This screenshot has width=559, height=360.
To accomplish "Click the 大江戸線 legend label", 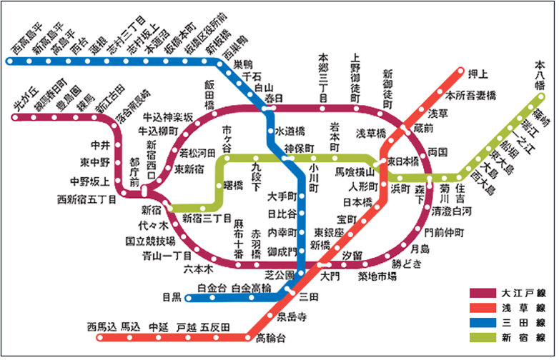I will coord(521,293).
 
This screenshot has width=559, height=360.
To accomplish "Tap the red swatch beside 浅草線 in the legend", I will coord(483,307).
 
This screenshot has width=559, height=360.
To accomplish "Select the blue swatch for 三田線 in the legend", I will coord(483,322).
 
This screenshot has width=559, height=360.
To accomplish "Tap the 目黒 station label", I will coord(172,296).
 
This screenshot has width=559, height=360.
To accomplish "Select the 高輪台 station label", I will coord(269,336).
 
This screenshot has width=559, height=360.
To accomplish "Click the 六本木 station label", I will coord(199,269).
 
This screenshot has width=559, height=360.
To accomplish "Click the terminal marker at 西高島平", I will coord(9,61).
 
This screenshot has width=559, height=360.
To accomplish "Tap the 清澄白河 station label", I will coord(452,212).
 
